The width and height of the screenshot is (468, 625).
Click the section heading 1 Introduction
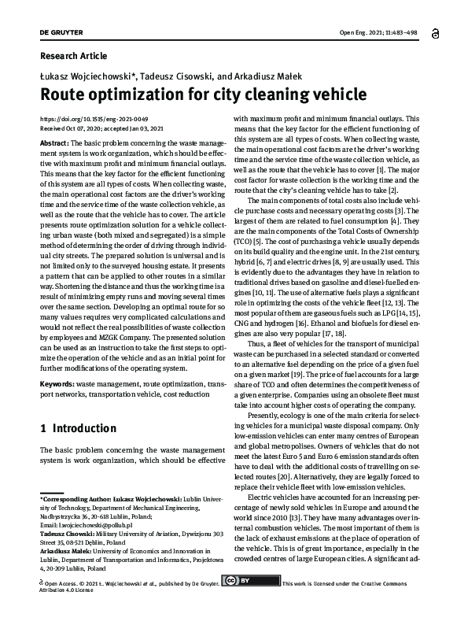pos(77,429)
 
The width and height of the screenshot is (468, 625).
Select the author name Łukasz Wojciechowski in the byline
pos(86,76)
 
